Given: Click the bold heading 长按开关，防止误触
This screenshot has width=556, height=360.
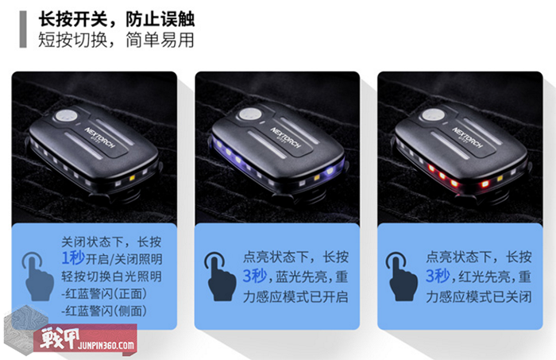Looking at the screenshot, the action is (x=116, y=19).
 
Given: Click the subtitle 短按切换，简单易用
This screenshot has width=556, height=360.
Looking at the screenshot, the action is (x=116, y=40).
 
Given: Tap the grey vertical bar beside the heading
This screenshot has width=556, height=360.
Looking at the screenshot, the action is (x=23, y=29).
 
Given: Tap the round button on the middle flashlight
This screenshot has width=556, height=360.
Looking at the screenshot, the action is (x=250, y=114).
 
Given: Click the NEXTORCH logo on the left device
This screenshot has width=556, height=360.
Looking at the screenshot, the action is (x=100, y=137).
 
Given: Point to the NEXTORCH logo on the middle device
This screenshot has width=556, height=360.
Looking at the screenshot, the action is (x=285, y=137).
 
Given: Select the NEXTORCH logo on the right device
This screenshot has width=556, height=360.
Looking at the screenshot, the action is (x=467, y=137).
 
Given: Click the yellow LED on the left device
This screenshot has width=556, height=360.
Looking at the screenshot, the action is (x=133, y=178).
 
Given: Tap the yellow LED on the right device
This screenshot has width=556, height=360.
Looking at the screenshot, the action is (x=500, y=178).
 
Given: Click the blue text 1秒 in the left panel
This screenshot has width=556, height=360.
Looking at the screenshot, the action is (x=73, y=257).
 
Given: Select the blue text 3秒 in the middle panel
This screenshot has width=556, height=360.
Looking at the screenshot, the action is (x=255, y=276).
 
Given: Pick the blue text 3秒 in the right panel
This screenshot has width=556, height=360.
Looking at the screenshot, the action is (x=438, y=276).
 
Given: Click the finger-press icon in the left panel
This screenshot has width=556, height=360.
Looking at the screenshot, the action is (x=37, y=277).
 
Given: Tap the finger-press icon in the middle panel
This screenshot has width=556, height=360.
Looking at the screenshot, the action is (x=220, y=277).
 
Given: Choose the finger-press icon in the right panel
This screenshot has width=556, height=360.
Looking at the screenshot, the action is (x=402, y=277).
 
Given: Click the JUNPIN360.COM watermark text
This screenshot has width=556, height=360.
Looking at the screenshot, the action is (x=106, y=345).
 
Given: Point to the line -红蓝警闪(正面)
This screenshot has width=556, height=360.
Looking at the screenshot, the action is (x=104, y=294).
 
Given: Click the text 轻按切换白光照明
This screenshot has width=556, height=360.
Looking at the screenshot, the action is (x=112, y=277).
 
